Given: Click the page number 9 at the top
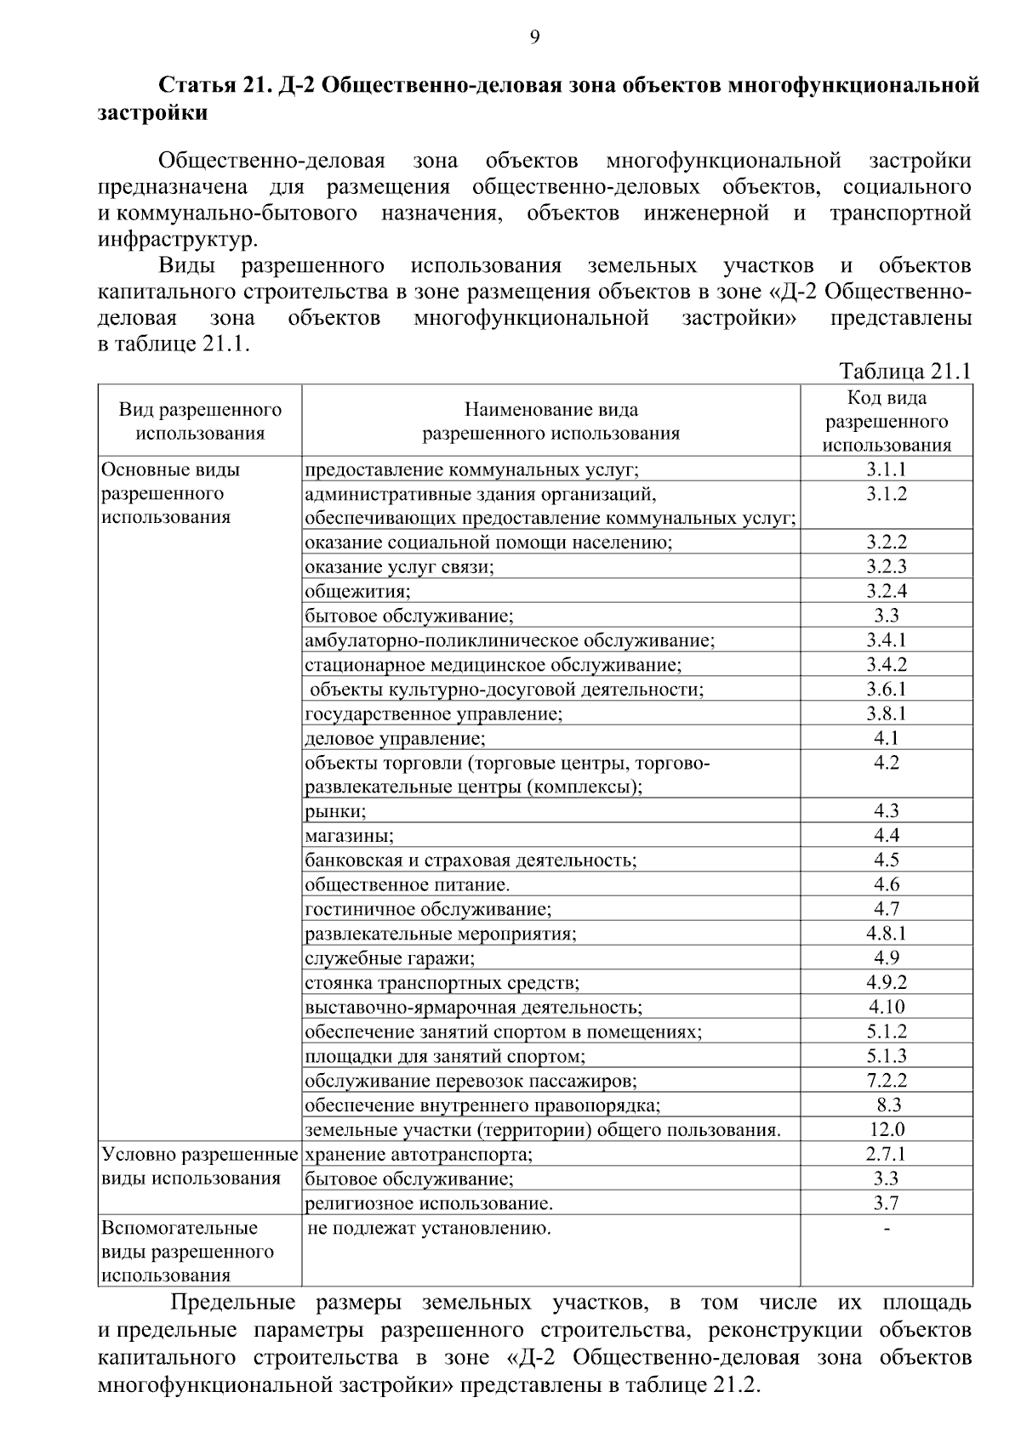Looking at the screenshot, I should click(534, 36).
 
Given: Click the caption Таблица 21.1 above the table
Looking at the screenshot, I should click(904, 372).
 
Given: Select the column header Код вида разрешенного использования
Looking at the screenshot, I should click(887, 421).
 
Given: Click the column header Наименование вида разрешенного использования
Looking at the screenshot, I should click(551, 421).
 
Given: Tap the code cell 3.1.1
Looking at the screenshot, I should click(887, 469).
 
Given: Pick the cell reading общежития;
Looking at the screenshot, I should click(357, 591).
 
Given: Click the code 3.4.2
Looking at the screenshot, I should click(887, 664).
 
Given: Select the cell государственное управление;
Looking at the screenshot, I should click(433, 713).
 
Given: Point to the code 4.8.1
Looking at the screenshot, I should click(887, 933).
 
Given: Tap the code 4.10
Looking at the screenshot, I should click(887, 1007).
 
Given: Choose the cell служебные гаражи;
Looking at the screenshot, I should click(390, 958).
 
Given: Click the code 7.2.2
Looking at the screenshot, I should click(887, 1080).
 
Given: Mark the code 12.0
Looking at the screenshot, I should click(887, 1129).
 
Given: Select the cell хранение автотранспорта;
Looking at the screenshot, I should click(418, 1154).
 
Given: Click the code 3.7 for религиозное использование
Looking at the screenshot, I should click(887, 1202).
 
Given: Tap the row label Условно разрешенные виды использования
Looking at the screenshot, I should click(199, 1166).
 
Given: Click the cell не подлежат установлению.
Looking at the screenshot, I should click(430, 1228).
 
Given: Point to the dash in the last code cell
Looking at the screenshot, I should click(887, 1229).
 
